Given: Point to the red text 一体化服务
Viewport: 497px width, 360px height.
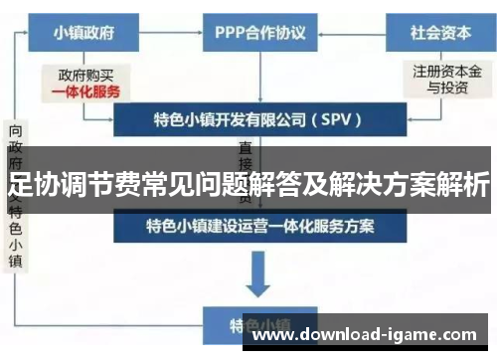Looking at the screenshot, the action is [x=87, y=90].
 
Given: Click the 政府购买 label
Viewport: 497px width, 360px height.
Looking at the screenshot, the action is [x=87, y=74].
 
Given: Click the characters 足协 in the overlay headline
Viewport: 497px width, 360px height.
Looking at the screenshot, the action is [x=30, y=184].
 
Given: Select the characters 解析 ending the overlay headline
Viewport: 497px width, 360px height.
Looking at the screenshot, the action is [x=463, y=184].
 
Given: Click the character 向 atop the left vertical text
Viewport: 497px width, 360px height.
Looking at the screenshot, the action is [x=17, y=131].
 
